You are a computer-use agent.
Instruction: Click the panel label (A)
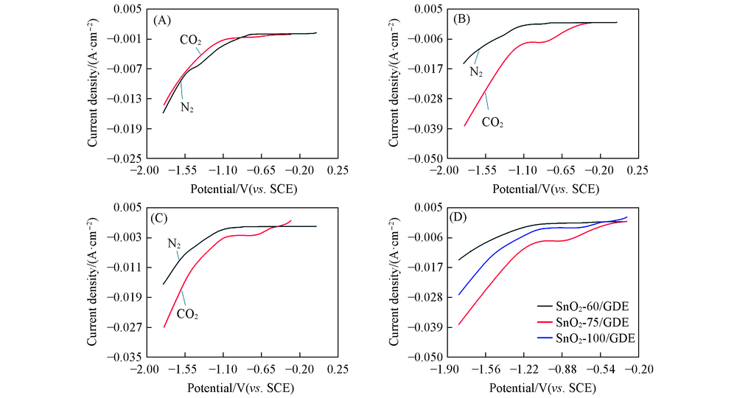162,20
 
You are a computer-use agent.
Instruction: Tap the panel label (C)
162,218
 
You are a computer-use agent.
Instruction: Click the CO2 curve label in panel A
190,41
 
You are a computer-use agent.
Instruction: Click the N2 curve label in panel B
476,72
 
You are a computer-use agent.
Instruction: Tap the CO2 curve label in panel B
492,122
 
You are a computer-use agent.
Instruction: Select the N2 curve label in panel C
174,243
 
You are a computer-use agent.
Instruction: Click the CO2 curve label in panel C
187,314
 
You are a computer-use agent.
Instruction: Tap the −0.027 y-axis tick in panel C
122,327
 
